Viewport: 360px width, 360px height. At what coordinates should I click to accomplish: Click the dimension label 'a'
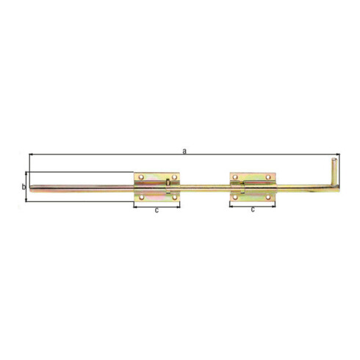(184, 151)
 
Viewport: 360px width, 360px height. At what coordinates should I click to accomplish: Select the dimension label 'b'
(24, 187)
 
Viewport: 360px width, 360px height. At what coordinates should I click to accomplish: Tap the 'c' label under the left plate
(156, 210)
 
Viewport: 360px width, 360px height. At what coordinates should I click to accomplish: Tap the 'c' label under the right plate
(253, 209)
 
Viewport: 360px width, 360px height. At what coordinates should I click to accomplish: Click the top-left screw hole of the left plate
(141, 177)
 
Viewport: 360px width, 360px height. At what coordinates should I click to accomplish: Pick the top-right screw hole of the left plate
(174, 177)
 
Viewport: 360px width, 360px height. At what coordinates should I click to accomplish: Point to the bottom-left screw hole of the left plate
(141, 197)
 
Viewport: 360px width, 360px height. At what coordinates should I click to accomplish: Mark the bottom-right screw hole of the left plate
(174, 197)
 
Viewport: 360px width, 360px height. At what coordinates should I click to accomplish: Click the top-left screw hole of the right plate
(235, 177)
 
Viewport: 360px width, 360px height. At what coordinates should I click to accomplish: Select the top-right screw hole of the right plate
(268, 177)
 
